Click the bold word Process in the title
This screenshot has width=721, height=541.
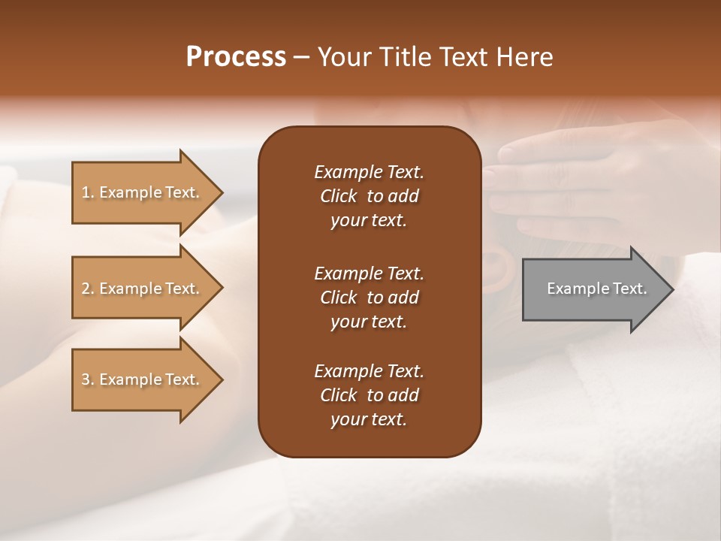point(236,57)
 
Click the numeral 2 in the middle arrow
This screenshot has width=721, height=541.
point(86,289)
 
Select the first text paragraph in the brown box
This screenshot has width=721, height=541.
point(369,196)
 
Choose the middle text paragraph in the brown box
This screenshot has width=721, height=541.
point(369,297)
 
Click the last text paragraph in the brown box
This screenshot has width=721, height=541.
point(369,395)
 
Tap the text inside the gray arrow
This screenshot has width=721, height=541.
point(596,289)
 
